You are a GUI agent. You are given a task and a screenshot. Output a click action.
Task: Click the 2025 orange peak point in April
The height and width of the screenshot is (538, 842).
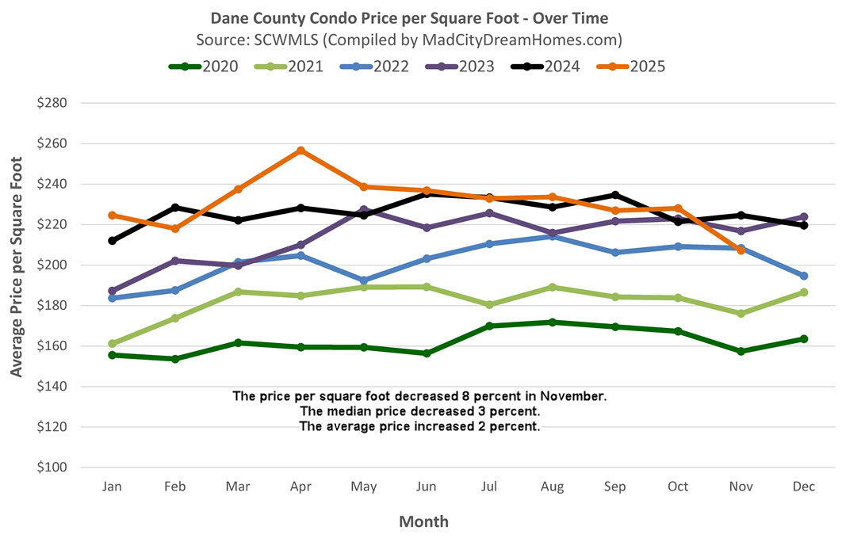[x=300, y=151]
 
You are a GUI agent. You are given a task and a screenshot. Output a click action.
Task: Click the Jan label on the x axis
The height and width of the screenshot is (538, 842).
[x=112, y=486]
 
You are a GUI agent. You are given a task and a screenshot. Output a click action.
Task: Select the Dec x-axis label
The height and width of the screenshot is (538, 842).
[x=803, y=486]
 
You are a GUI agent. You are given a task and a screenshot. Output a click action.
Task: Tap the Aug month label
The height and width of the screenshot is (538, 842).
[x=552, y=486]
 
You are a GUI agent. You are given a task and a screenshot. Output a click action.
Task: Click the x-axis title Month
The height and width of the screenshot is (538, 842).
[x=423, y=521]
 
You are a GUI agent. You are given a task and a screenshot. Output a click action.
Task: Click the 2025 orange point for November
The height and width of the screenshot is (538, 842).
[x=741, y=250]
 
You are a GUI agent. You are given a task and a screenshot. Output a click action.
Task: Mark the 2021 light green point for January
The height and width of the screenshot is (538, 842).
[x=113, y=344]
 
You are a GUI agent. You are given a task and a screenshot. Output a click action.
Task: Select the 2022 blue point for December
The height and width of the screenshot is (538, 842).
[x=803, y=276]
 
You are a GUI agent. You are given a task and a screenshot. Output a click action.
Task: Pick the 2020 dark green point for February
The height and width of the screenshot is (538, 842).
[x=175, y=359]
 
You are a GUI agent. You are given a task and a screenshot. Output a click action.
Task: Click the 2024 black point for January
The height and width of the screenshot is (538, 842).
[x=113, y=241]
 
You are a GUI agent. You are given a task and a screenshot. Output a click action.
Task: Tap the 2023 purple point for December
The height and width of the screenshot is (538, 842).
[x=803, y=217]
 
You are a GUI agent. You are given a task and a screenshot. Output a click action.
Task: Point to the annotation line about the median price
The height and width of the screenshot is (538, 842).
[x=420, y=411]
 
